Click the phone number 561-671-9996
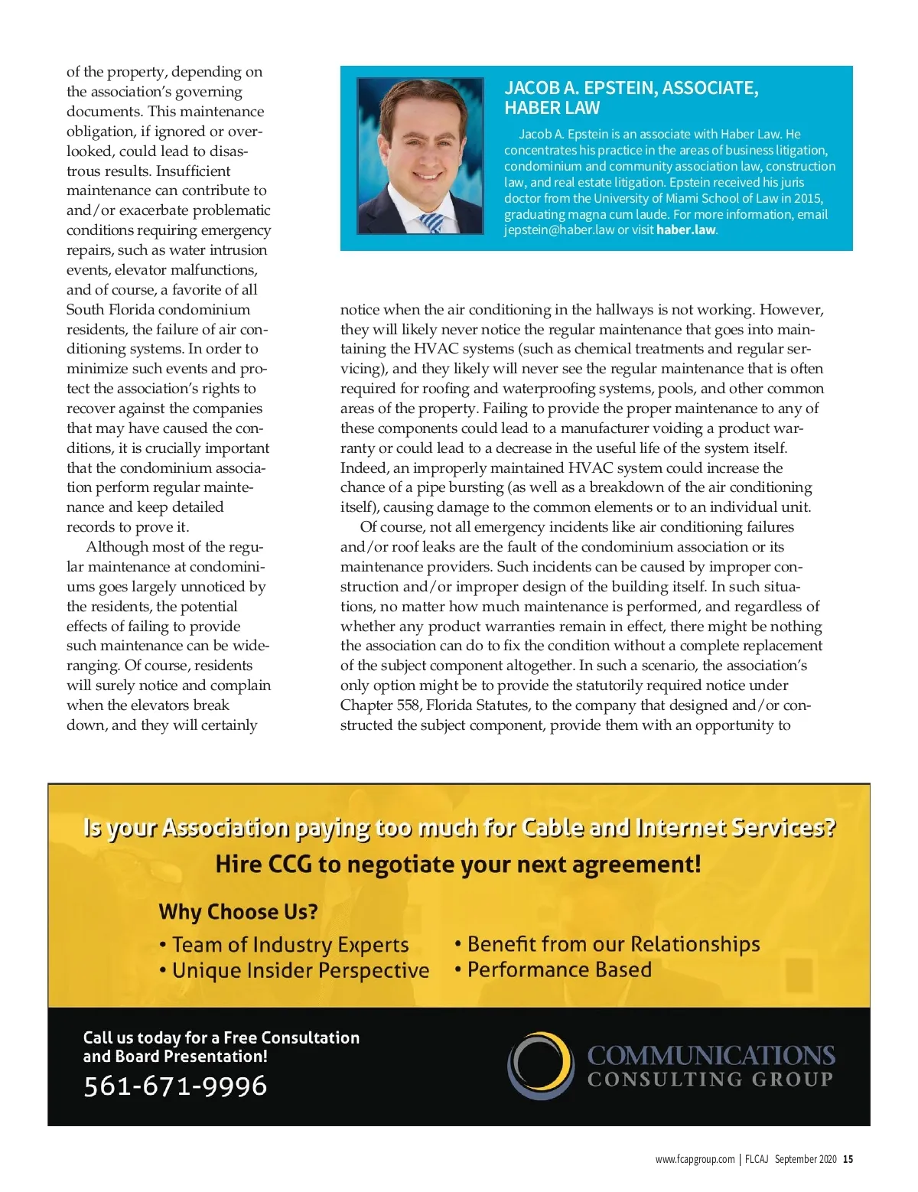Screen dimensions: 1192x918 pyautogui.click(x=175, y=1086)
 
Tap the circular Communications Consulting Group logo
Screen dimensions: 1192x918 pyautogui.click(x=541, y=1066)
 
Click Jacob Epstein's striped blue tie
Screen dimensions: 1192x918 pyautogui.click(x=431, y=223)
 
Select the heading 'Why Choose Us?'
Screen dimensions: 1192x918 pyautogui.click(x=238, y=912)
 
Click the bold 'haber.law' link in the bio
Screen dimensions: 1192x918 pyautogui.click(x=686, y=230)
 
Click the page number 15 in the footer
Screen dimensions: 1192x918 pyautogui.click(x=848, y=1159)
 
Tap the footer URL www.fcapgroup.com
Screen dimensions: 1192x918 pyautogui.click(x=695, y=1159)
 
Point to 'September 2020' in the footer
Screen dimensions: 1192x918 pyautogui.click(x=806, y=1159)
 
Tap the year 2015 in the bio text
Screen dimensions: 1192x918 pyautogui.click(x=808, y=198)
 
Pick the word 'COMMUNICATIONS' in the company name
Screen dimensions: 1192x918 pyautogui.click(x=711, y=1056)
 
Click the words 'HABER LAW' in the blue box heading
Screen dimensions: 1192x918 pyautogui.click(x=552, y=108)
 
